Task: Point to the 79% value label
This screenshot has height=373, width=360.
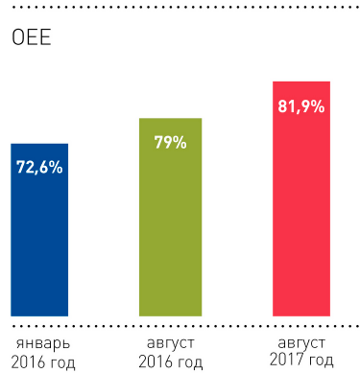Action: click(170, 143)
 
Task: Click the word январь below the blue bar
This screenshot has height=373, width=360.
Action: click(39, 341)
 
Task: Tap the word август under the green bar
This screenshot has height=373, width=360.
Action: click(170, 341)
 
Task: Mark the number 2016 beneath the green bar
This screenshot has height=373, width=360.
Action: click(155, 361)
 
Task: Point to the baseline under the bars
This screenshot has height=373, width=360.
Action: click(180, 318)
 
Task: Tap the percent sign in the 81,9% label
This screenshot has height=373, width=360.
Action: click(318, 106)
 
